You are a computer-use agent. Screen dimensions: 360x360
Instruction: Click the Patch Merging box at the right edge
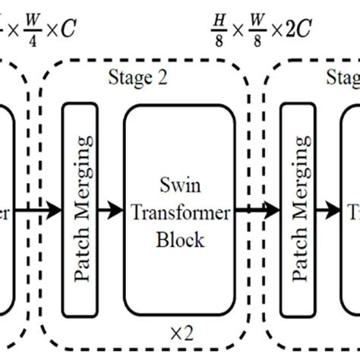point(298,210)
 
